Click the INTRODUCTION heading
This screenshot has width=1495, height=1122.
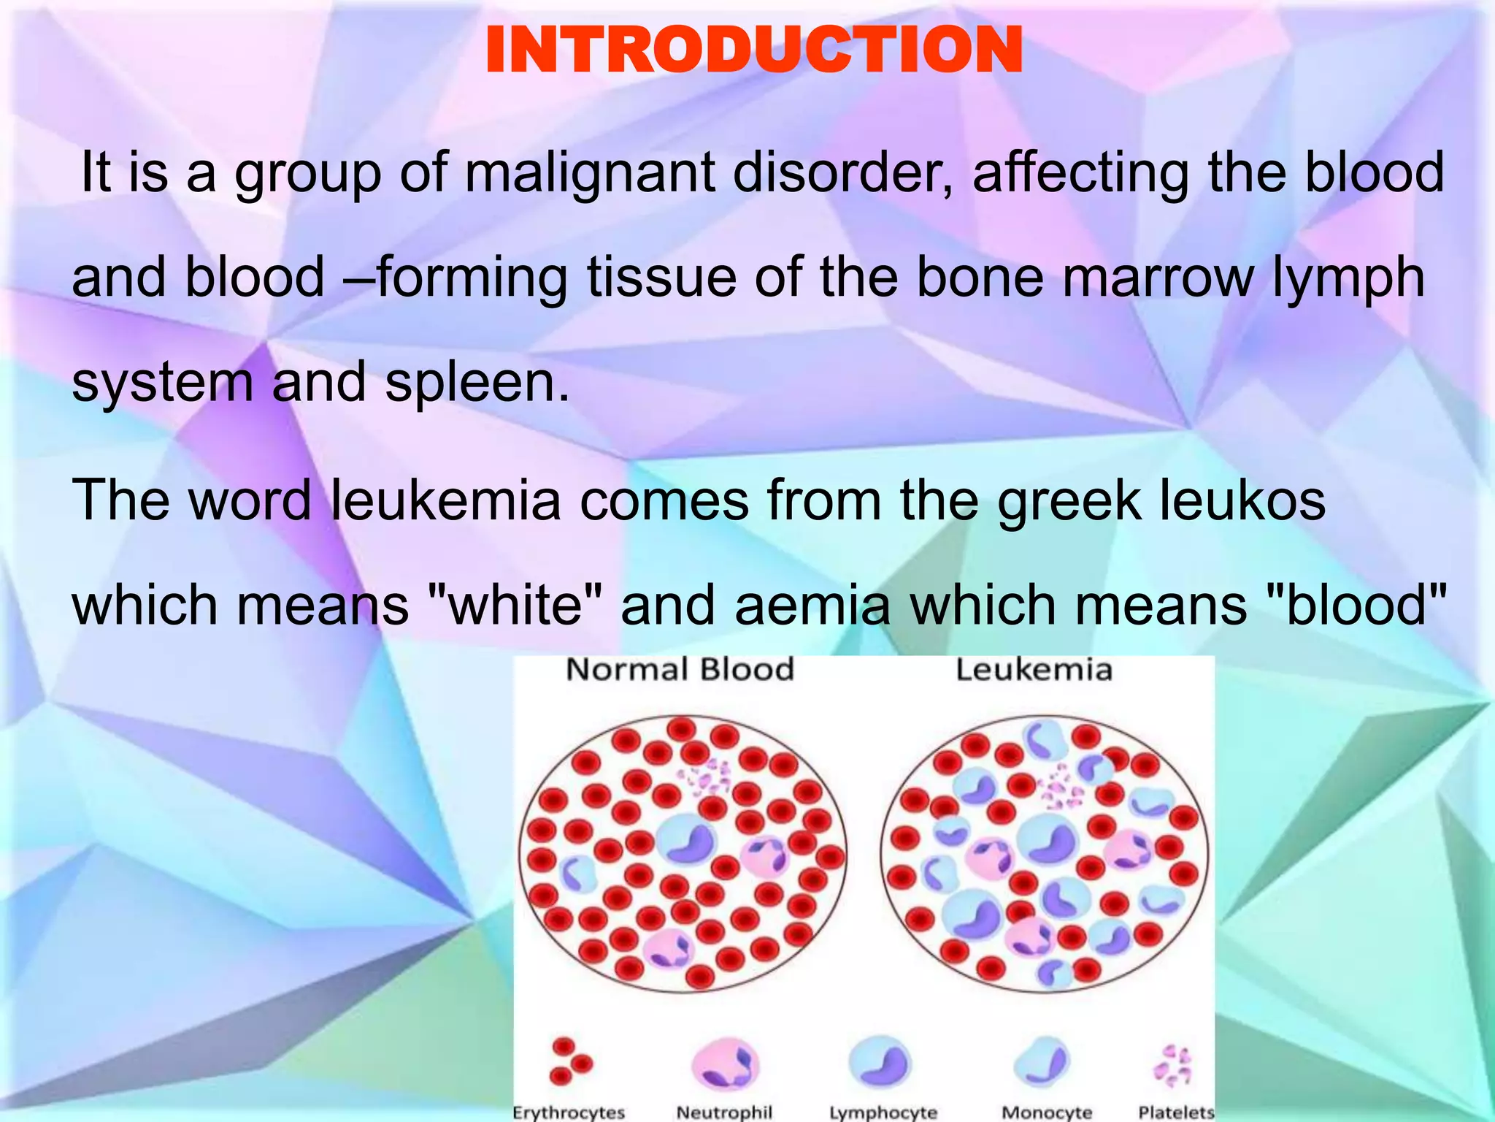pos(753,50)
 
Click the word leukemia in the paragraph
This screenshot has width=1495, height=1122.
pos(445,500)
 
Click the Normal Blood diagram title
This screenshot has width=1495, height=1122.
pos(680,669)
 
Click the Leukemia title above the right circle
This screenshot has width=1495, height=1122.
pos(1034,669)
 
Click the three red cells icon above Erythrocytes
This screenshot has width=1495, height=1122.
pos(569,1061)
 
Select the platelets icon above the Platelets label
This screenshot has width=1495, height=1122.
pos(1172,1065)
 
